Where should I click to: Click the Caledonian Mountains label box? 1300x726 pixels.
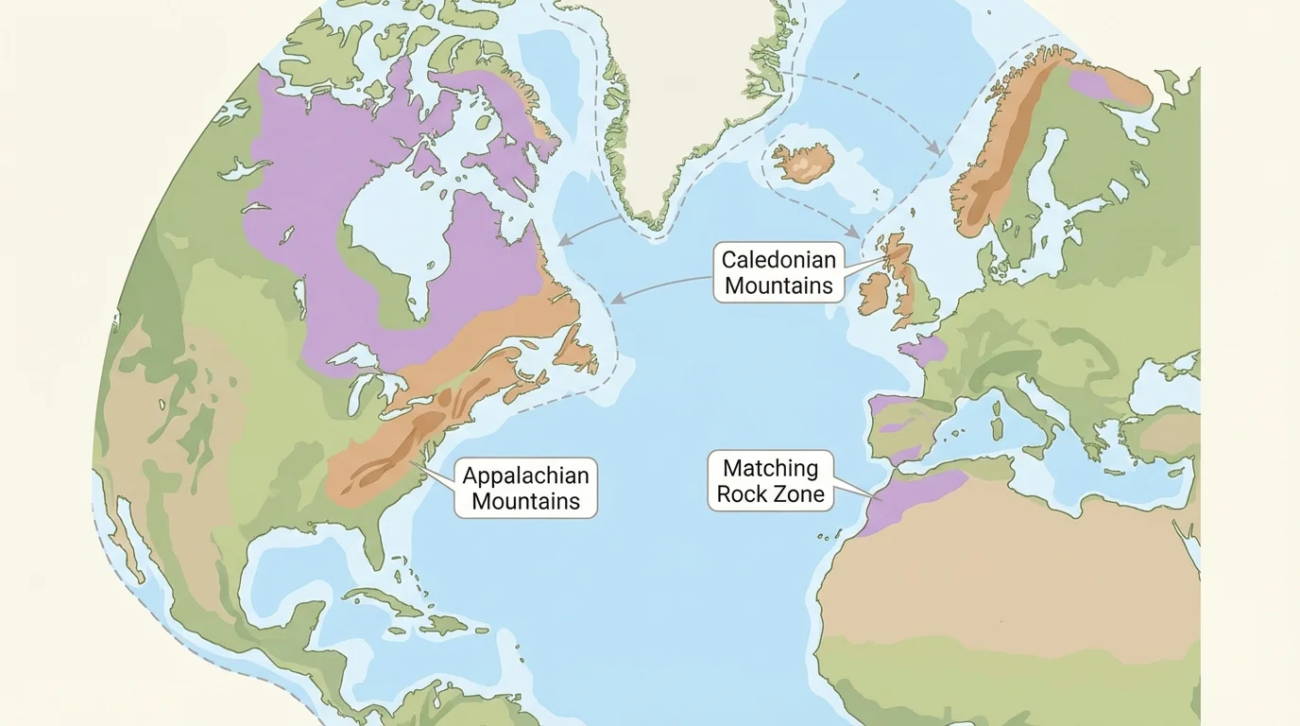[778, 272]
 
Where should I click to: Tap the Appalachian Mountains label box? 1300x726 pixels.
[525, 488]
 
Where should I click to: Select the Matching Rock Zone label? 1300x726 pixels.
[770, 480]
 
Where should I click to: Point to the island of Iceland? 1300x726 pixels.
[802, 163]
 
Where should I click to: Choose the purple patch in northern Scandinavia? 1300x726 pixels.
[1091, 83]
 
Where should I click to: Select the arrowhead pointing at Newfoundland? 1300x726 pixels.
[615, 299]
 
